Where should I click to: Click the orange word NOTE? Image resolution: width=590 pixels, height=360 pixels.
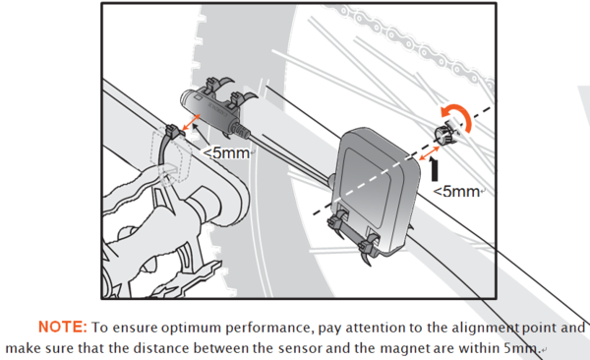coord(63,327)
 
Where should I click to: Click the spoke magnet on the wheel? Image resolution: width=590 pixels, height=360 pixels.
coord(443,135)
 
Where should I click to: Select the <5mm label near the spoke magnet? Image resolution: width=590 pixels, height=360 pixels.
coord(456,191)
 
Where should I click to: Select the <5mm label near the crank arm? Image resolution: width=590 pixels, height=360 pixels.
coord(226,152)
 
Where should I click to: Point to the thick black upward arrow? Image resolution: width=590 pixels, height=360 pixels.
coord(435,169)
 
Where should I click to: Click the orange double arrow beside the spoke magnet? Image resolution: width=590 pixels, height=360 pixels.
coord(430,153)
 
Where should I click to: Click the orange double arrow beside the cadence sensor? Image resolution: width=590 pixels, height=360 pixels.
coord(191,122)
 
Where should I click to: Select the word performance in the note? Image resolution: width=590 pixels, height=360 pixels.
coord(269,328)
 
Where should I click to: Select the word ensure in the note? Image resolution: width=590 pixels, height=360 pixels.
coord(135,328)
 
